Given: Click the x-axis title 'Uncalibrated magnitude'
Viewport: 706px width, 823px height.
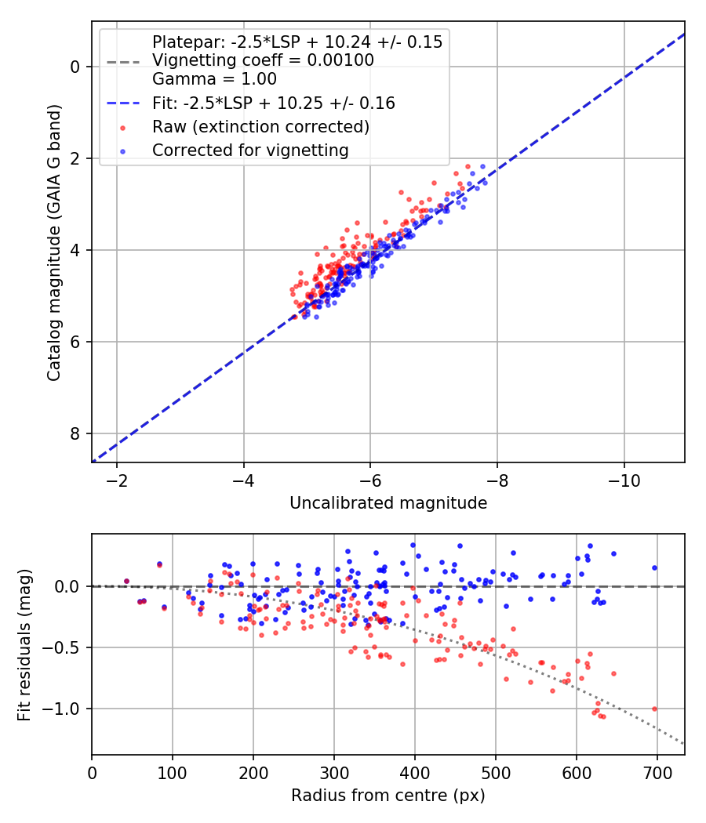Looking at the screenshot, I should (x=388, y=503).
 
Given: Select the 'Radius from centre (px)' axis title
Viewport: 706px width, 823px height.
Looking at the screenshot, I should (x=388, y=796).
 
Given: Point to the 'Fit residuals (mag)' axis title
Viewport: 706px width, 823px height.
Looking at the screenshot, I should (x=25, y=644).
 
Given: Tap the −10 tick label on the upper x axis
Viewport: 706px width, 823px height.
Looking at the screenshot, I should (x=624, y=480).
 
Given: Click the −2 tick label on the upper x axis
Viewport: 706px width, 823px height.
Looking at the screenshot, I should (x=117, y=480).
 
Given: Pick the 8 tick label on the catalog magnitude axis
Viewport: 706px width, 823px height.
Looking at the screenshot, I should (x=75, y=433).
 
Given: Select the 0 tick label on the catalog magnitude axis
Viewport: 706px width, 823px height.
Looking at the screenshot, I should (x=75, y=67).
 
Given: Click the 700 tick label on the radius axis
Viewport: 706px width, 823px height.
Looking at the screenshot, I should (x=657, y=772).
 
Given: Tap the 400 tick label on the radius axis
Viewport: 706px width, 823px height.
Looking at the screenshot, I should (x=415, y=772).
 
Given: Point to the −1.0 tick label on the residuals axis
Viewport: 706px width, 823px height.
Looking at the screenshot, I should (x=64, y=709).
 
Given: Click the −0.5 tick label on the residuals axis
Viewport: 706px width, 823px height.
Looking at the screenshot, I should (x=64, y=647).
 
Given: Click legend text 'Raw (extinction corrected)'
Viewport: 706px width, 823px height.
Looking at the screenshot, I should (x=260, y=126).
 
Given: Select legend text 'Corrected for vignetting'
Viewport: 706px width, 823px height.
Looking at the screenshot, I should (x=250, y=150).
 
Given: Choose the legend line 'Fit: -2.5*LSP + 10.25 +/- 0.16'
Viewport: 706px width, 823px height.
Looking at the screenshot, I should (x=123, y=103).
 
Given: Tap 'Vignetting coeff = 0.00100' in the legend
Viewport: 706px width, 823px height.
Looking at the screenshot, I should (x=263, y=60).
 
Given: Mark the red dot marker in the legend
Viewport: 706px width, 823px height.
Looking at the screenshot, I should (x=123, y=127).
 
